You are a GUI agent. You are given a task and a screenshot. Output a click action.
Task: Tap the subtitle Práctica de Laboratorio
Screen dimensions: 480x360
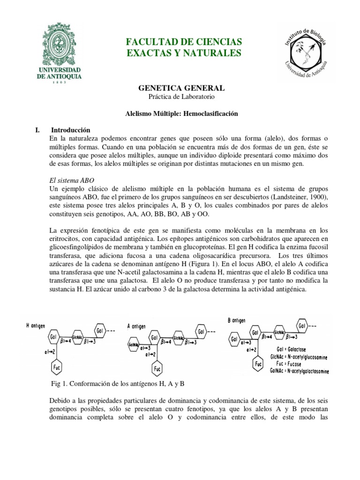coord(181,97)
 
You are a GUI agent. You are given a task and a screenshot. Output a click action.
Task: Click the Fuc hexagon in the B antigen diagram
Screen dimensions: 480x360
coord(257,364)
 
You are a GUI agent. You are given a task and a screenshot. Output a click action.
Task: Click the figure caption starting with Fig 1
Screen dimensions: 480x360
coord(118,383)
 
